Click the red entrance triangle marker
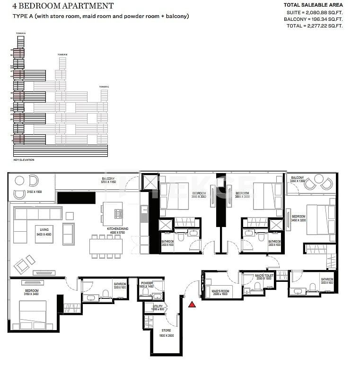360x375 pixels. click(x=192, y=305)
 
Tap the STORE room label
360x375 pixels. click(x=166, y=331)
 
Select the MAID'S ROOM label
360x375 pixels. click(x=220, y=291)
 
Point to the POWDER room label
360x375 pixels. click(x=147, y=283)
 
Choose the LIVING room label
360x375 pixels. click(x=44, y=230)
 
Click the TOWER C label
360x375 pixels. click(x=104, y=87)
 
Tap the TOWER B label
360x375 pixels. click(x=62, y=55)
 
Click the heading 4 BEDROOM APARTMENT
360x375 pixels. click(x=63, y=6)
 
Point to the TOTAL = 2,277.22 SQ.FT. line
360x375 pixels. click(x=315, y=26)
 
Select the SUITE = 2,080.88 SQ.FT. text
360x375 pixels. click(x=313, y=12)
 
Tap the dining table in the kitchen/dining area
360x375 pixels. click(x=106, y=245)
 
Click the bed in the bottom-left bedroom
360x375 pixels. click(x=32, y=314)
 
